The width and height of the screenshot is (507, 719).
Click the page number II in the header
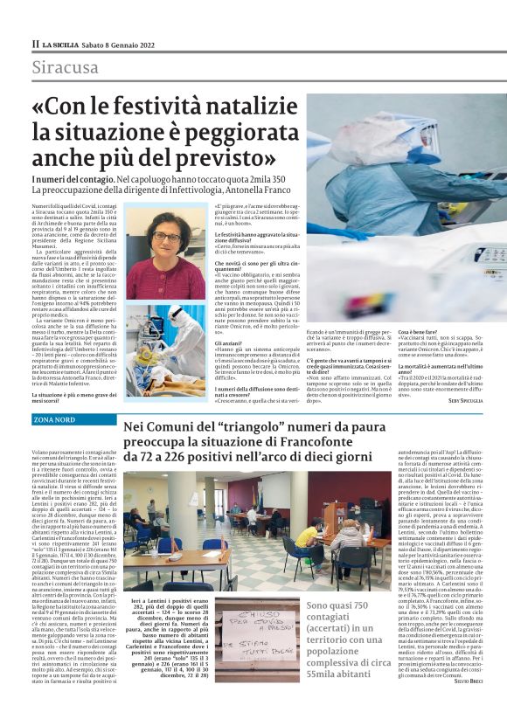tap(35, 43)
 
